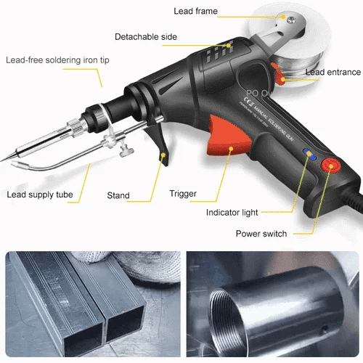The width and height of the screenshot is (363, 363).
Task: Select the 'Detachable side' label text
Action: [x=147, y=36]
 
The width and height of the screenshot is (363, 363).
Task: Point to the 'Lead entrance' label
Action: [x=333, y=72]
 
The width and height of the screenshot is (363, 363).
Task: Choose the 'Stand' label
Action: [x=118, y=195]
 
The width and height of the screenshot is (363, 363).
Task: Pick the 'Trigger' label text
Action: [x=183, y=193]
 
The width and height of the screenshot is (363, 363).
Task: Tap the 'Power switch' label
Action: [x=261, y=234]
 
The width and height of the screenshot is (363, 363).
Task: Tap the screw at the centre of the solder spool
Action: [x=290, y=18]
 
